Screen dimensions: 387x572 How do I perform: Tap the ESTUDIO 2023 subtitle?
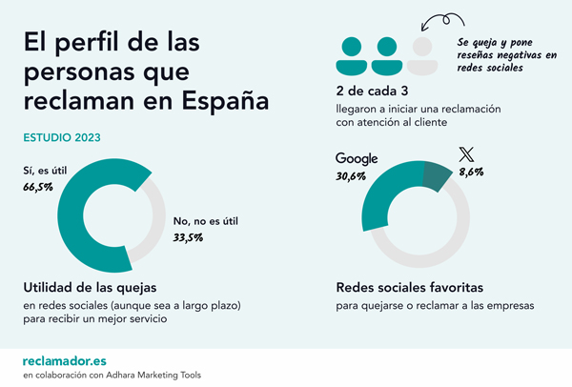pos(62,137)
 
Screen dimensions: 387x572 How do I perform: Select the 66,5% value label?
pos(39,189)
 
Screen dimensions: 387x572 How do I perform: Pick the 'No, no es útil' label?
pos(205,221)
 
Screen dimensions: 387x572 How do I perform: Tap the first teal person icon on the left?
pos(352,56)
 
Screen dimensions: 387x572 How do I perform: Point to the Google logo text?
pos(357,158)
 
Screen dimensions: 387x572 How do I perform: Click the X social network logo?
pos(465,154)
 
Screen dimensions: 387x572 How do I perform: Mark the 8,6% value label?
pos(471,173)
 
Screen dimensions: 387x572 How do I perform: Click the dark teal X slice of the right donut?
pos(436,176)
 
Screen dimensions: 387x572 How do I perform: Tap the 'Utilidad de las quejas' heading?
pos(91,287)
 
